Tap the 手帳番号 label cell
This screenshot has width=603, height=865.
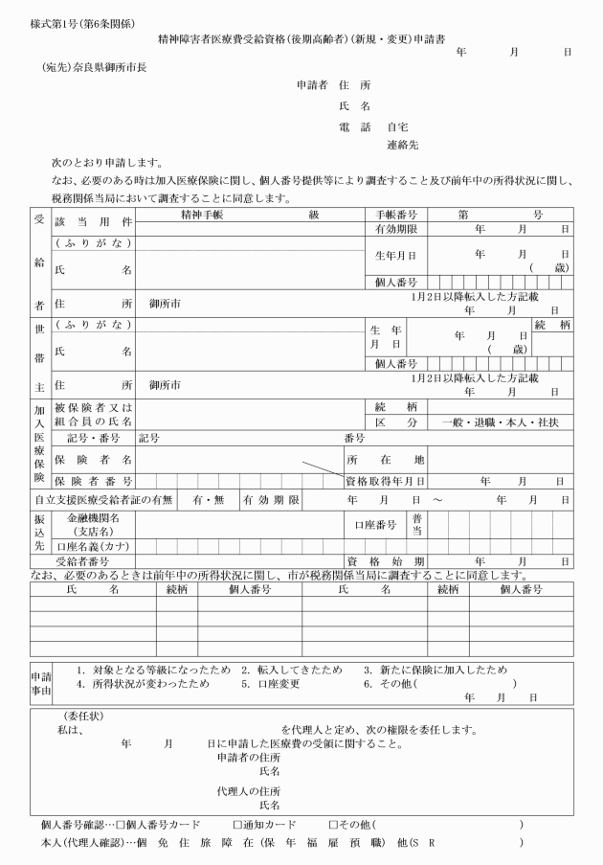pos(395,215)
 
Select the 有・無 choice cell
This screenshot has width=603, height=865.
pos(209,499)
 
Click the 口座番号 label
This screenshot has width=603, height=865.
pos(375,524)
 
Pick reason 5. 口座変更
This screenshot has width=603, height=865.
pos(272,684)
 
